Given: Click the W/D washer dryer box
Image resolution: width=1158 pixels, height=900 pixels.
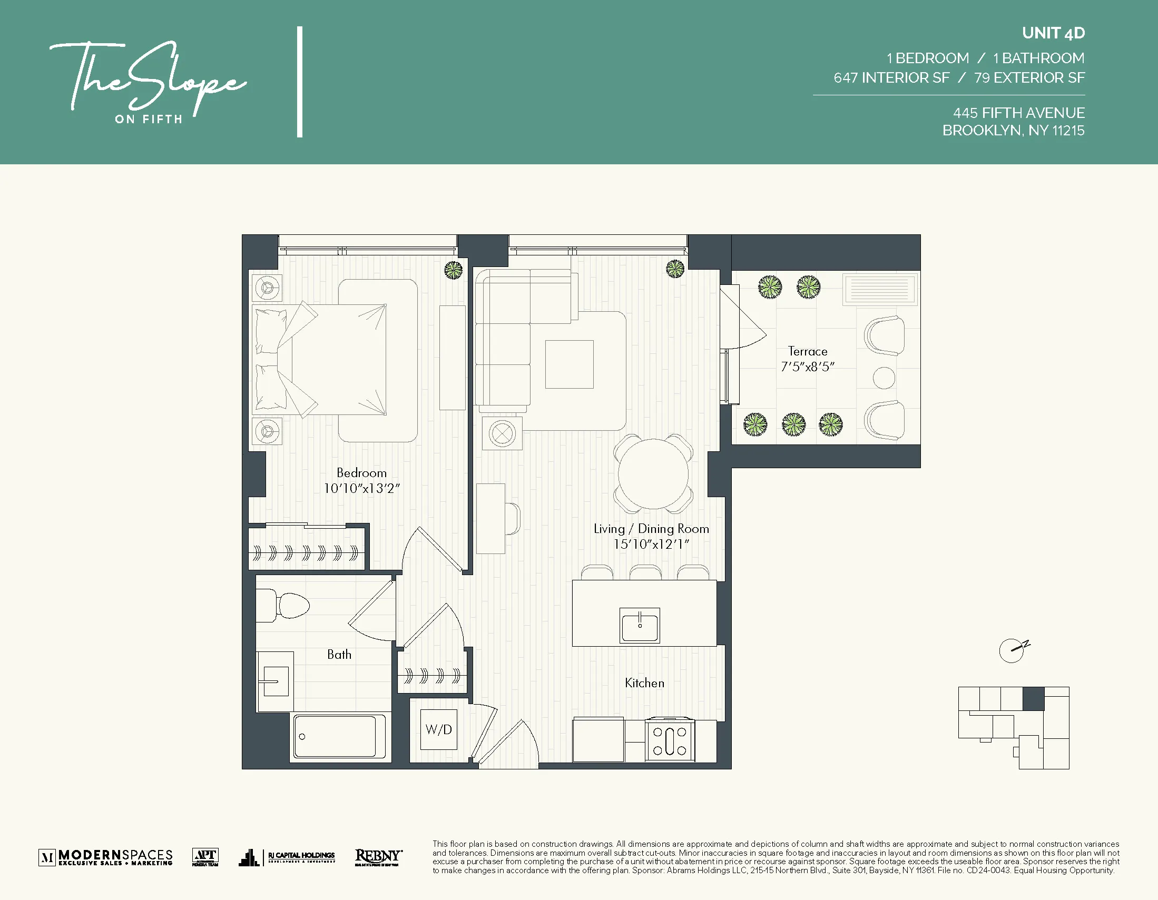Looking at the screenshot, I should pyautogui.click(x=438, y=729).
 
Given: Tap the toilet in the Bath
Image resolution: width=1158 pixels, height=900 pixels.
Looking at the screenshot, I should pyautogui.click(x=287, y=606).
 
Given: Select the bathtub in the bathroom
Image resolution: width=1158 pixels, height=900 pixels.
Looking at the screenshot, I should pyautogui.click(x=334, y=737).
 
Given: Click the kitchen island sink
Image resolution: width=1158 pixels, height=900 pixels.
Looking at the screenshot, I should pyautogui.click(x=640, y=626).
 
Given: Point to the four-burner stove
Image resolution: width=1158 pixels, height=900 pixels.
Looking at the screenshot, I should pyautogui.click(x=670, y=740).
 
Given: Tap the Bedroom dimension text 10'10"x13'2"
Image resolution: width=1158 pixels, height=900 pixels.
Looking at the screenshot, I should pyautogui.click(x=361, y=488).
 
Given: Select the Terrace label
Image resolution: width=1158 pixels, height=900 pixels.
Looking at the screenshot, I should pyautogui.click(x=807, y=351).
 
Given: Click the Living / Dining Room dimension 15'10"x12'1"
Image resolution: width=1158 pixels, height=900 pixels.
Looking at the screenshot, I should pyautogui.click(x=651, y=544).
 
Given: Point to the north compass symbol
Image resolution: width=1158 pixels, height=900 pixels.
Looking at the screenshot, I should pyautogui.click(x=1012, y=651).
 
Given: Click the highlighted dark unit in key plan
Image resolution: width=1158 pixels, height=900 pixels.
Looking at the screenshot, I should pyautogui.click(x=1033, y=699).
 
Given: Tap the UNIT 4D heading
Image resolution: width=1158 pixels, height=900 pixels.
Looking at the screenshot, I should pyautogui.click(x=1053, y=33).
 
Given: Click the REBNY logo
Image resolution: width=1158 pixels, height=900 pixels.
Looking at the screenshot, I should pyautogui.click(x=378, y=856).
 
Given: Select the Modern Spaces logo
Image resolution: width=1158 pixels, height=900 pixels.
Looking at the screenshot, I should pyautogui.click(x=106, y=856).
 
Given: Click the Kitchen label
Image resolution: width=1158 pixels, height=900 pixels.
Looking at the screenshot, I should pyautogui.click(x=644, y=683).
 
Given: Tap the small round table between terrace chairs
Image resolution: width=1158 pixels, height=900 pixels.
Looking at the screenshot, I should pyautogui.click(x=884, y=378).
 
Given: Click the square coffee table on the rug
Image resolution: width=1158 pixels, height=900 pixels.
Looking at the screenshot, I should pyautogui.click(x=569, y=364).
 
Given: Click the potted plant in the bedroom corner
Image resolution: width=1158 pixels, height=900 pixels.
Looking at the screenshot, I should pyautogui.click(x=453, y=270).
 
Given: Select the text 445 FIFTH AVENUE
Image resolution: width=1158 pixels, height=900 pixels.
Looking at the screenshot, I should pyautogui.click(x=1018, y=113).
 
